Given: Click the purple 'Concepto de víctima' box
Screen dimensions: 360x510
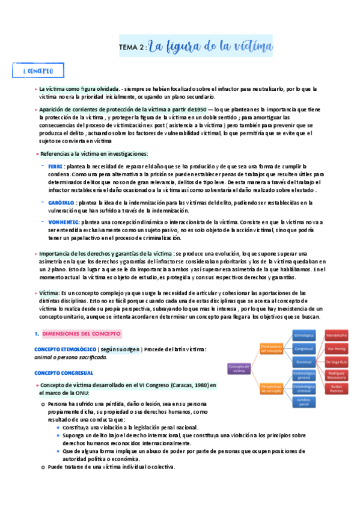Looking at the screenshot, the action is point(239,368).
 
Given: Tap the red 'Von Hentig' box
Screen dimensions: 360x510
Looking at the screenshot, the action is point(336,348).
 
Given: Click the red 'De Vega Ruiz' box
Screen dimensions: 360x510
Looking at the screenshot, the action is point(336,362).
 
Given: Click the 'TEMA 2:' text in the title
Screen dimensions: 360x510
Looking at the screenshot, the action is point(131,48).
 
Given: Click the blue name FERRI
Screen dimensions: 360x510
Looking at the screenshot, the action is point(55,165).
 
